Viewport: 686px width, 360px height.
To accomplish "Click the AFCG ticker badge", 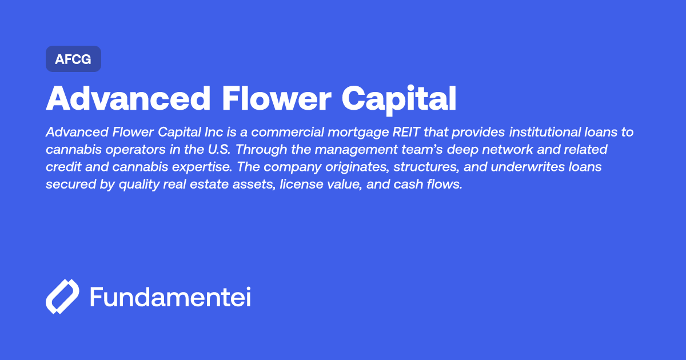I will click(73, 59).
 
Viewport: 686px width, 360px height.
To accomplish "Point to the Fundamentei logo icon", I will click(62, 297).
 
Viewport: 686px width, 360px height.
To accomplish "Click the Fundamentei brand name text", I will click(170, 297).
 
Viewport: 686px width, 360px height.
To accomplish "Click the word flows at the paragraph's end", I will click(444, 186).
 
